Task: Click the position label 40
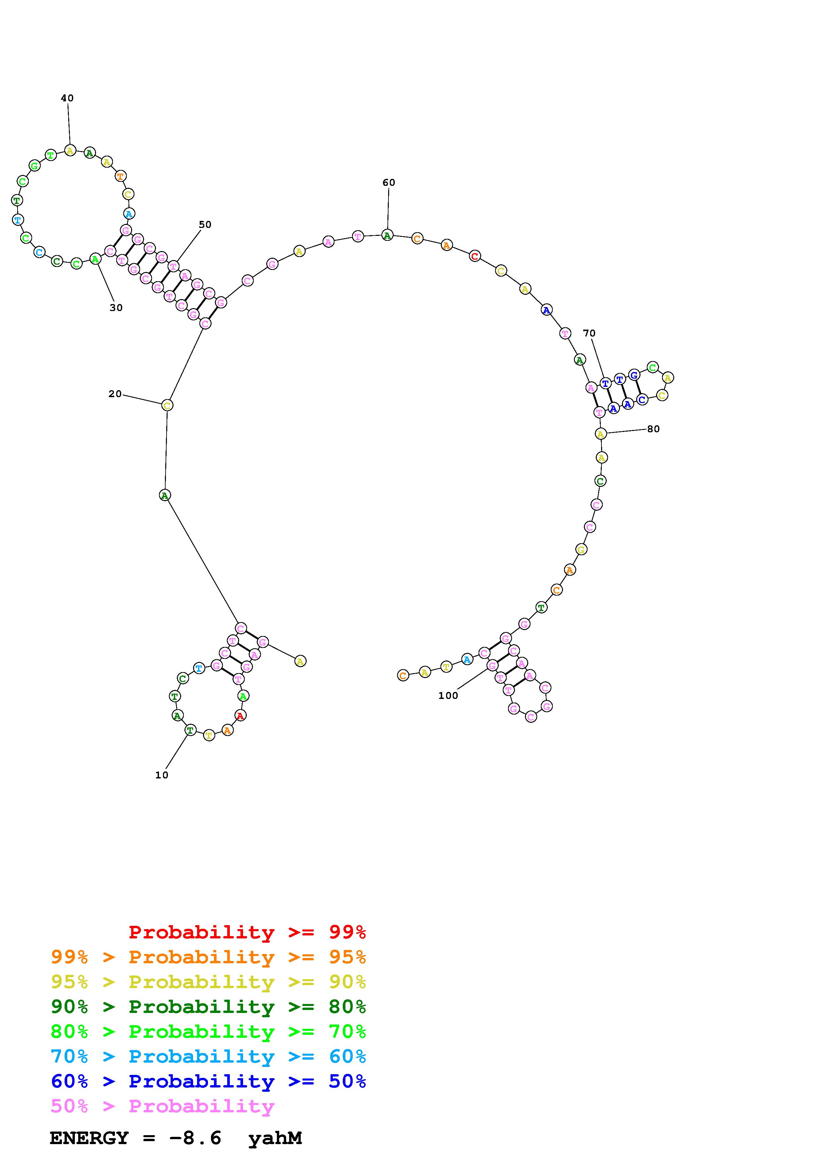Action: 67,98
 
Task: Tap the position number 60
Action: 388,183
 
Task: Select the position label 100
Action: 448,696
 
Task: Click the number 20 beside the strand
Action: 115,394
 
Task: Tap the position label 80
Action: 653,429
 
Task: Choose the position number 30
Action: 116,308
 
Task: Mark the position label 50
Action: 205,225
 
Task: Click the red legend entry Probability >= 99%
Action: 247,932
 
